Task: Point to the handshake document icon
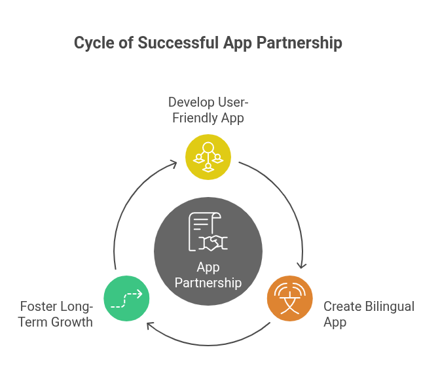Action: tap(208, 233)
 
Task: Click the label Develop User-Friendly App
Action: tap(208, 110)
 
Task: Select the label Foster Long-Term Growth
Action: tap(56, 314)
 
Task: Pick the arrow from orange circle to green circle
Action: tap(208, 342)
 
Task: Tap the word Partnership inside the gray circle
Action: tap(208, 283)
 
